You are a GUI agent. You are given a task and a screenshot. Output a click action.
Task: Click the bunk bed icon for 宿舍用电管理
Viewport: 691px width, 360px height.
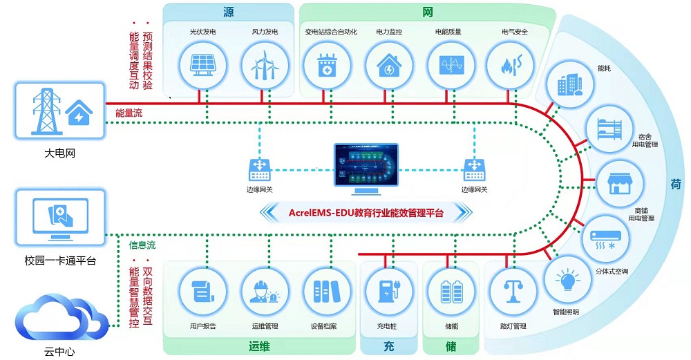610,129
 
